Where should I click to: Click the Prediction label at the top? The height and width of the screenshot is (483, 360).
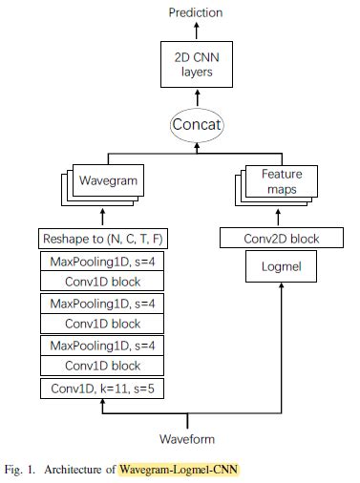click(x=196, y=12)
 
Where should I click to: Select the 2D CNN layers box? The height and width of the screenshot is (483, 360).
click(x=196, y=65)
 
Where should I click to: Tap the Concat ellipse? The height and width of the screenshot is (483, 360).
click(x=196, y=124)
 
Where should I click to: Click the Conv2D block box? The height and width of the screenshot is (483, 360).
click(x=282, y=238)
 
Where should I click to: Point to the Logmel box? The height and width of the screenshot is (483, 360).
click(x=282, y=266)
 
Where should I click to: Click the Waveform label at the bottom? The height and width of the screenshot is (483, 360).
click(x=187, y=439)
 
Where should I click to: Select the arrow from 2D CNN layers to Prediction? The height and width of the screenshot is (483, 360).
click(x=196, y=31)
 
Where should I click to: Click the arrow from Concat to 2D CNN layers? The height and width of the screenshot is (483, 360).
click(x=196, y=96)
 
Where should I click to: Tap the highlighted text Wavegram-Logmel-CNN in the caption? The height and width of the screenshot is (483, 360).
click(x=179, y=469)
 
